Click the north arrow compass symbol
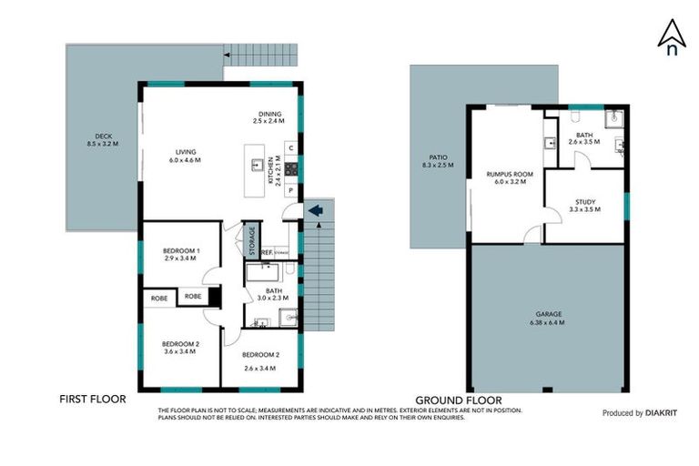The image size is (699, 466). click(x=672, y=37)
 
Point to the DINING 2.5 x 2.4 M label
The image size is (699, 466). click(x=268, y=116)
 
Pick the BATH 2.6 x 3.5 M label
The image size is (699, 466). click(x=584, y=137)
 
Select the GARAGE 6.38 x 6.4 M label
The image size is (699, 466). click(x=546, y=318)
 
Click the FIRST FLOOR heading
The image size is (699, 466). click(x=92, y=399)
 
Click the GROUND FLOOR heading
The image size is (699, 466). click(x=458, y=400)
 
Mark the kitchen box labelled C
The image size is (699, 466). click(x=289, y=147)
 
